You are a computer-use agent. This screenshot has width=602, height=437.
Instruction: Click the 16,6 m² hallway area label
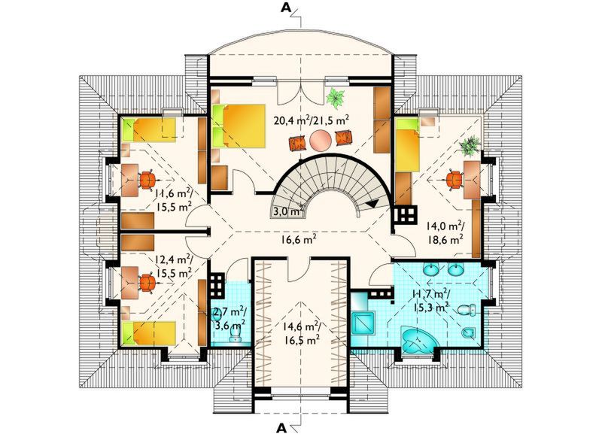(298, 241)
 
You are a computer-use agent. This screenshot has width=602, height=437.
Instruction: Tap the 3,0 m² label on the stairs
(286, 211)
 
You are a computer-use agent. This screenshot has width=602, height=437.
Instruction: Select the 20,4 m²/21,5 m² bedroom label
(312, 120)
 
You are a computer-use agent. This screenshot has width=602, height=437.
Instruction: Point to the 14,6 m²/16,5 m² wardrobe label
(302, 333)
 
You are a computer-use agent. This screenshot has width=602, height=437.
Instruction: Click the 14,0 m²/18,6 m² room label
(445, 233)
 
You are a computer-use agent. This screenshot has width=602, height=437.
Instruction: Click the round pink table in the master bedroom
(321, 141)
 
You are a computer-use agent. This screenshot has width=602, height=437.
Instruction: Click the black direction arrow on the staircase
(372, 204)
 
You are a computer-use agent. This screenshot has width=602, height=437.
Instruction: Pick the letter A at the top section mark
(285, 8)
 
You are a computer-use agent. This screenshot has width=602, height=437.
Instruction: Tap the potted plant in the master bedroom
(336, 97)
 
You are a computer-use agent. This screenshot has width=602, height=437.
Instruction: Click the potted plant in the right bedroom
(470, 145)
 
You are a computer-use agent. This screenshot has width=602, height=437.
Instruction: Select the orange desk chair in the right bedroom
(455, 180)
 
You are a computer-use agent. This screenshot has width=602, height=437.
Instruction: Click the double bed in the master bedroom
(239, 126)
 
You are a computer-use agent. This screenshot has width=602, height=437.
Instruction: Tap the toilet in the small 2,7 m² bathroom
(234, 337)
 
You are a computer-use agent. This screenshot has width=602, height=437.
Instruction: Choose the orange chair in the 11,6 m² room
(147, 181)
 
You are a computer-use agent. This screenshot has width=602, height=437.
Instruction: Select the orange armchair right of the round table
(343, 138)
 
